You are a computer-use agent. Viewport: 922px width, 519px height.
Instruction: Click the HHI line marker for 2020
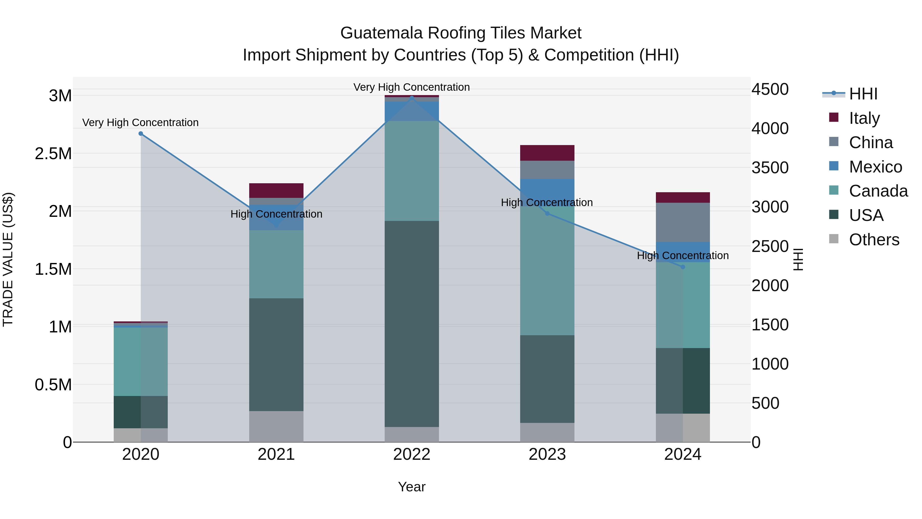pyautogui.click(x=141, y=134)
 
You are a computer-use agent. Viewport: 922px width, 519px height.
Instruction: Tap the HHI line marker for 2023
pyautogui.click(x=547, y=213)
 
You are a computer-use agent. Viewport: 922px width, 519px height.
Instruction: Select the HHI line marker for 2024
pyautogui.click(x=683, y=267)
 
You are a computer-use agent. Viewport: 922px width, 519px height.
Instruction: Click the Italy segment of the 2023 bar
pyautogui.click(x=547, y=153)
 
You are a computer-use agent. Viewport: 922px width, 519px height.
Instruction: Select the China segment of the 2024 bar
pyautogui.click(x=683, y=222)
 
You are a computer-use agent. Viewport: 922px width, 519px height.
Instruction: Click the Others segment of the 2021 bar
pyautogui.click(x=276, y=426)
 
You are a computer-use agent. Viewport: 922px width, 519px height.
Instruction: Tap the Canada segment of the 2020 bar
pyautogui.click(x=141, y=361)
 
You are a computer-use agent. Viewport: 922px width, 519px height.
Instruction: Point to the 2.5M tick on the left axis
pyautogui.click(x=53, y=154)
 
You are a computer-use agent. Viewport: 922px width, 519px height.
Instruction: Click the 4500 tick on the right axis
pyautogui.click(x=770, y=89)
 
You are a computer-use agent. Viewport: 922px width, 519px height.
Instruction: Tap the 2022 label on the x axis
pyautogui.click(x=412, y=454)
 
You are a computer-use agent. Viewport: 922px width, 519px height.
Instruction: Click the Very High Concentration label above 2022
pyautogui.click(x=412, y=87)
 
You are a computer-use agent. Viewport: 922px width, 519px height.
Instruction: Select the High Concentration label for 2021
pyautogui.click(x=276, y=214)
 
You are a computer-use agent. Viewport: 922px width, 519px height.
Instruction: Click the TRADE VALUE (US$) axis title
pyautogui.click(x=8, y=259)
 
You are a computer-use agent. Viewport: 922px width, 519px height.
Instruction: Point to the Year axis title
pyautogui.click(x=412, y=487)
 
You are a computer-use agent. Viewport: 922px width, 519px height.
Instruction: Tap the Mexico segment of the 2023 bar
pyautogui.click(x=547, y=192)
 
